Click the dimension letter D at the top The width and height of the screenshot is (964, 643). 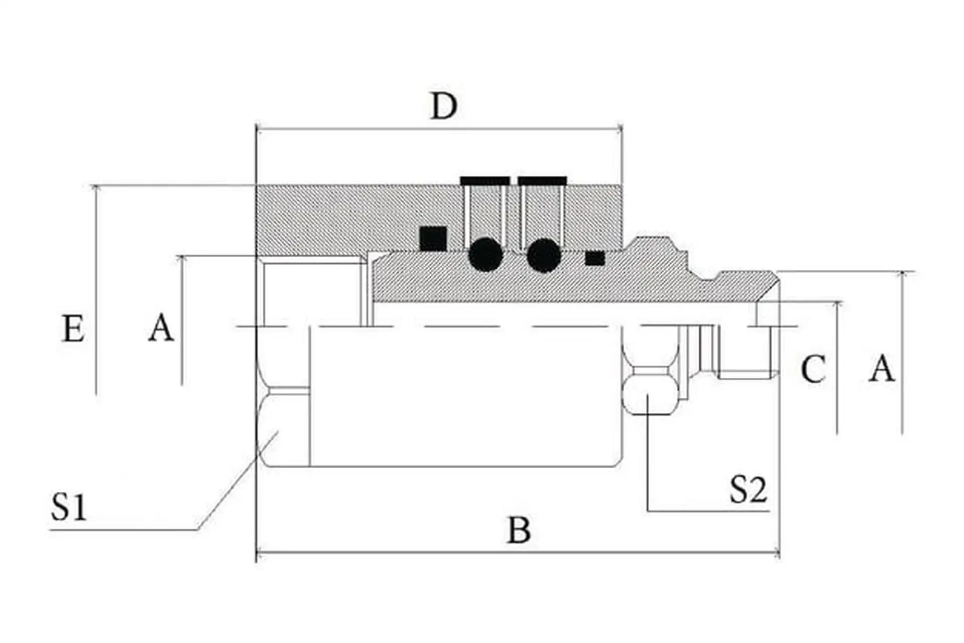444,106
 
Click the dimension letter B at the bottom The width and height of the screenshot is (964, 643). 519,530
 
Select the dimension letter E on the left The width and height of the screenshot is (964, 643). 73,329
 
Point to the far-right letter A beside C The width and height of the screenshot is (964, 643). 882,369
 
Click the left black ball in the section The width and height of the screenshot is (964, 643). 486,255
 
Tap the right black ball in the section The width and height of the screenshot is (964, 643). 544,255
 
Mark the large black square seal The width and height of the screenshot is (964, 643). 433,239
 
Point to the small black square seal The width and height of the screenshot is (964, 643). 595,258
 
